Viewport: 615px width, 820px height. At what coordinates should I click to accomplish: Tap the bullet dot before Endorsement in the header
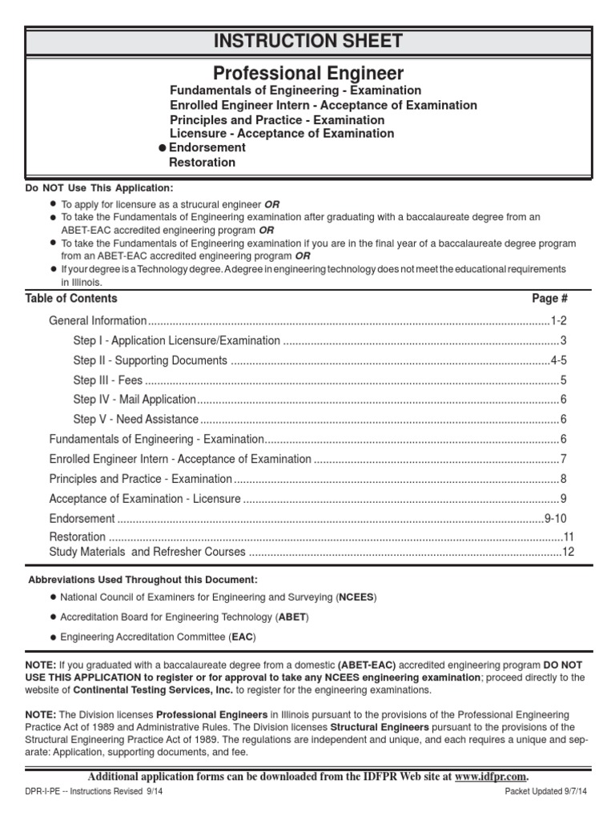(x=163, y=148)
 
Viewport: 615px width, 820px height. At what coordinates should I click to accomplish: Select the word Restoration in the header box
(x=202, y=163)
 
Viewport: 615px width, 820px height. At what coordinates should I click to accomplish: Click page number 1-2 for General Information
(x=558, y=320)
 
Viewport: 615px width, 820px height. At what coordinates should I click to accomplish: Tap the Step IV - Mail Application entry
(x=134, y=400)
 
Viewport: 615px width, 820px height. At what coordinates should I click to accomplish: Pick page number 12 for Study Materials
(x=568, y=552)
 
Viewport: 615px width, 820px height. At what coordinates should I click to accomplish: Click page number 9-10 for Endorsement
(x=555, y=518)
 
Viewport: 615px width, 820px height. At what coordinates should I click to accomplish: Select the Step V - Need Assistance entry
(x=135, y=419)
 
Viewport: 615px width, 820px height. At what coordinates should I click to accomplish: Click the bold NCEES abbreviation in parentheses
(x=356, y=597)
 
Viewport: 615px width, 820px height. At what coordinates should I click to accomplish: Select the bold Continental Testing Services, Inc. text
(x=170, y=689)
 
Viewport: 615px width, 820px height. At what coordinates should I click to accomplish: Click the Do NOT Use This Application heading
(x=98, y=188)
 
